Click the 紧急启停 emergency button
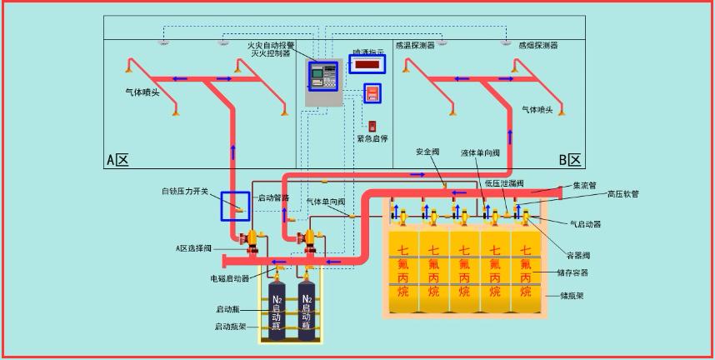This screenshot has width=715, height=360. pyautogui.click(x=372, y=126)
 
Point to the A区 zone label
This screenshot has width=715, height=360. pyautogui.click(x=117, y=160)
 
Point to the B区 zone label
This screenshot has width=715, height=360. pyautogui.click(x=569, y=160)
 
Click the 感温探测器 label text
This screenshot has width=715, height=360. pyautogui.click(x=414, y=46)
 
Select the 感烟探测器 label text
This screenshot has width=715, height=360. pyautogui.click(x=537, y=46)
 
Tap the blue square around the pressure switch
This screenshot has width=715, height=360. pyautogui.click(x=235, y=205)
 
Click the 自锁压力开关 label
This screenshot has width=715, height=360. pyautogui.click(x=185, y=192)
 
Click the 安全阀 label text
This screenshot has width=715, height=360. pyautogui.click(x=427, y=152)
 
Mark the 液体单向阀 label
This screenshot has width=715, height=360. pyautogui.click(x=481, y=153)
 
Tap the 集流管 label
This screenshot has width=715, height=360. pyautogui.click(x=584, y=186)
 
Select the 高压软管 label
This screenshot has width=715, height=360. pyautogui.click(x=622, y=194)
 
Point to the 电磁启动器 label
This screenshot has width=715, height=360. pyautogui.click(x=230, y=278)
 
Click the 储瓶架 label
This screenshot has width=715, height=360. pyautogui.click(x=572, y=295)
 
